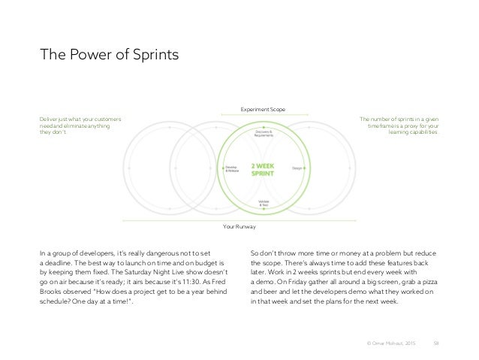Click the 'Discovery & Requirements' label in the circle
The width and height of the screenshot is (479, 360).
click(x=264, y=134)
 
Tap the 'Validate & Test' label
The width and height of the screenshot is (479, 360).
click(x=263, y=203)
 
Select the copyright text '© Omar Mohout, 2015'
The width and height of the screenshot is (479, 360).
click(x=391, y=343)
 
